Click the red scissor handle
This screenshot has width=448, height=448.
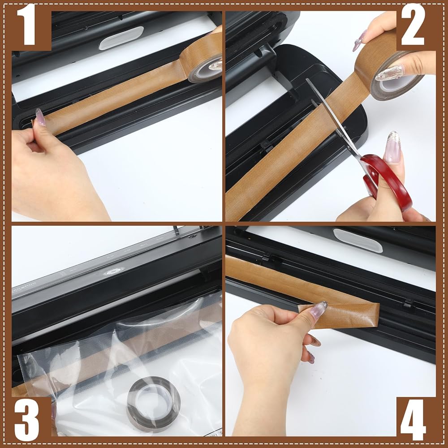coord(387,180)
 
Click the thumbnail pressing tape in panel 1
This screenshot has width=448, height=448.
coord(40,117)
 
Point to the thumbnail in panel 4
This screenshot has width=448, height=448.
coord(318,310)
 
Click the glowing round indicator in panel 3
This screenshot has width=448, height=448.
coord(114,271)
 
